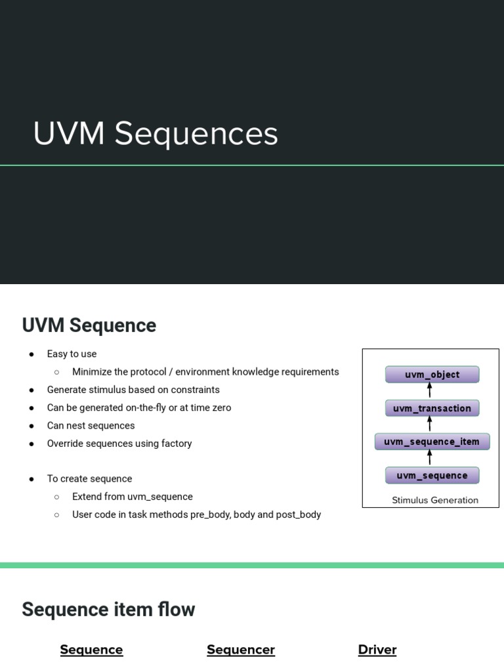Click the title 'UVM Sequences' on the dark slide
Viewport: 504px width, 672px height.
pos(156,134)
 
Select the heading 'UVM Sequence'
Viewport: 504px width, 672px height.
pos(89,325)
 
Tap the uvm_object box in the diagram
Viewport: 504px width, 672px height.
pos(432,375)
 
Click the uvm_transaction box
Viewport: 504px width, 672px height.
pos(432,408)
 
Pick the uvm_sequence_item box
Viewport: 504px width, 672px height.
pos(432,442)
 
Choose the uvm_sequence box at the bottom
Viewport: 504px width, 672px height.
pos(432,475)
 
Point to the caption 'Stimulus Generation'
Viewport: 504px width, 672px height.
pos(434,500)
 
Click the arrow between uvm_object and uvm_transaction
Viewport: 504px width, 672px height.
pos(430,391)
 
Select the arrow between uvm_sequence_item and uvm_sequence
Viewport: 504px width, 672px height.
pos(430,458)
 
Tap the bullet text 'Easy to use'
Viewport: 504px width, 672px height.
pos(72,354)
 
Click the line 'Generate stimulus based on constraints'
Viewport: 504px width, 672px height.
pos(133,390)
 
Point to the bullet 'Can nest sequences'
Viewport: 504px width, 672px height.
pos(91,425)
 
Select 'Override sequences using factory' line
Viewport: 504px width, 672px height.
pos(119,444)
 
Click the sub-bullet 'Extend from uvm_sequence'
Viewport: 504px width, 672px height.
pos(132,497)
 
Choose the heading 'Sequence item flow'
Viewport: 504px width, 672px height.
pos(108,610)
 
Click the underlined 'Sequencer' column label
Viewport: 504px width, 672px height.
pos(240,650)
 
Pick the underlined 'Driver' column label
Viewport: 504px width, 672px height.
pos(377,650)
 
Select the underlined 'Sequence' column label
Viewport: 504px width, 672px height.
pos(91,650)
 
